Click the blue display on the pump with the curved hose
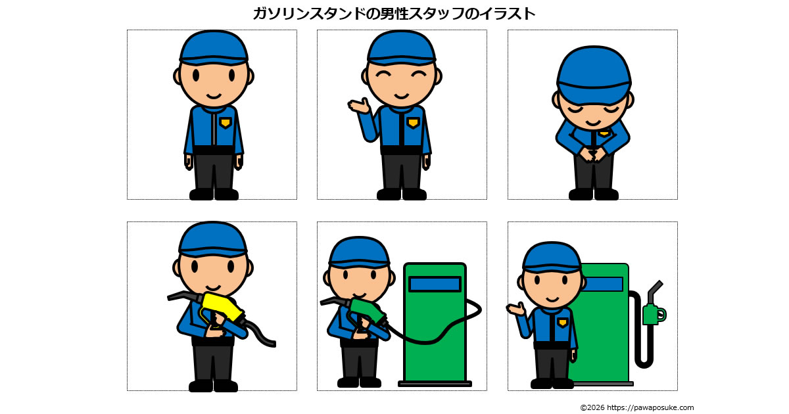click(435, 284)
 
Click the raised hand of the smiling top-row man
click(359, 105)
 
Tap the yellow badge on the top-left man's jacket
click(226, 122)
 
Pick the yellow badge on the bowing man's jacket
click(604, 133)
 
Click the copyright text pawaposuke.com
click(637, 407)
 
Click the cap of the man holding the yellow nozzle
click(213, 239)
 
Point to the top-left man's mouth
click(214, 96)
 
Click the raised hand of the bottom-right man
click(516, 310)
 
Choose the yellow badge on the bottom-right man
click(563, 323)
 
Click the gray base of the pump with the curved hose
click(435, 384)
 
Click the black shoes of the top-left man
click(214, 195)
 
